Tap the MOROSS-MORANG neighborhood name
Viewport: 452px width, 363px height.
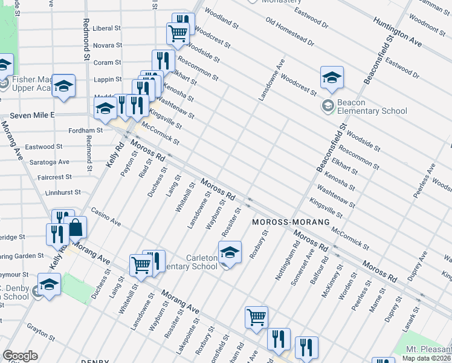coord(291,222)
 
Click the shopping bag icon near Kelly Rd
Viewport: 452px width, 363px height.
coord(76,228)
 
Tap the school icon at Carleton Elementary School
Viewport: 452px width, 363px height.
coord(230,253)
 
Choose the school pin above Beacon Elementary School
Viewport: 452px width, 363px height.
coord(332,77)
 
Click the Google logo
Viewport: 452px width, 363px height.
coord(20,356)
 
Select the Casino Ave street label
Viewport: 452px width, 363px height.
coord(106,218)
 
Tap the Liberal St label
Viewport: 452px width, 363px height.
coord(107,28)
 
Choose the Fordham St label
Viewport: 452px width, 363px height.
coord(85,130)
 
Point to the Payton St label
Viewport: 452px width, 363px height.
coord(125,163)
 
